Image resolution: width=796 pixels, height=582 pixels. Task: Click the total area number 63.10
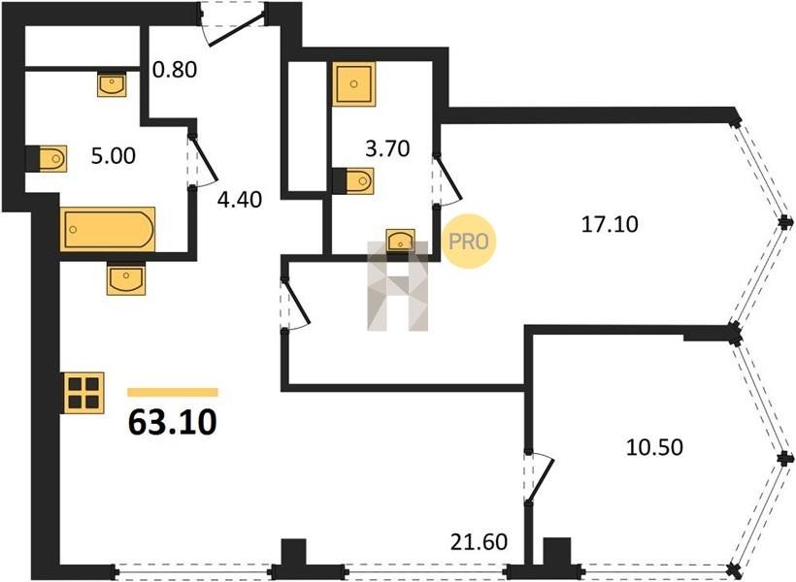173,422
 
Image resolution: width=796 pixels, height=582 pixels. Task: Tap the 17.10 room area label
610,224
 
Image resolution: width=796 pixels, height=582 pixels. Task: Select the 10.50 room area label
654,447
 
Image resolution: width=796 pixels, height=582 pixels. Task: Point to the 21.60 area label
479,542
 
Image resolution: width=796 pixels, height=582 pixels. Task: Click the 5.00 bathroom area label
114,156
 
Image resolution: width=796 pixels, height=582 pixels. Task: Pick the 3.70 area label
387,148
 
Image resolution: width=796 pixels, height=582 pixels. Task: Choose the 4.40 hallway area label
240,200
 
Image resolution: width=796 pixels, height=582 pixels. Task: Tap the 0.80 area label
175,70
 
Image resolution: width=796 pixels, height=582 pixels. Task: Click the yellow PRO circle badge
468,242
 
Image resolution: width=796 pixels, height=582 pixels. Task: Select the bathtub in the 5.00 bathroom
108,229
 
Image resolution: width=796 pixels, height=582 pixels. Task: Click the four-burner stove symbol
83,393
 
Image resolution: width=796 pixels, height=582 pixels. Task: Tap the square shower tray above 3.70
354,83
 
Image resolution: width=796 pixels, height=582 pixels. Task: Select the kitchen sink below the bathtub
125,278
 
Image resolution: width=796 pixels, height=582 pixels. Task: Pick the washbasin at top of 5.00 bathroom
112,84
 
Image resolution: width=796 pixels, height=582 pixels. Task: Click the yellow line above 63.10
173,392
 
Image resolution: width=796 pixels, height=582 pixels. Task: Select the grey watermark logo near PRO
397,286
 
